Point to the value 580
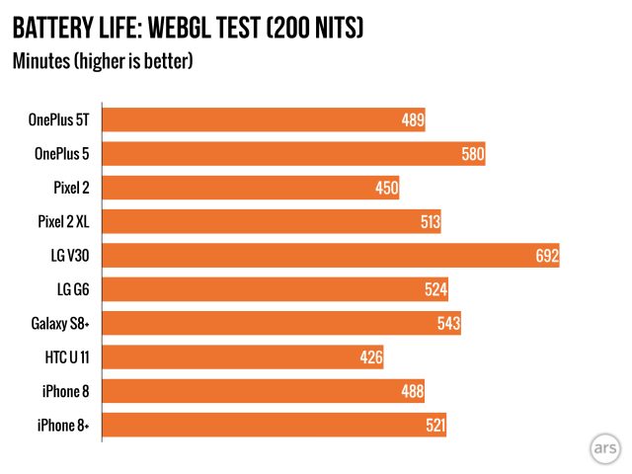click(x=473, y=155)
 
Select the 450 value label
click(x=387, y=189)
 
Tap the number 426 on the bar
click(x=371, y=356)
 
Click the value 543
click(x=448, y=323)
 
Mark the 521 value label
click(x=434, y=426)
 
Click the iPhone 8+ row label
click(x=61, y=426)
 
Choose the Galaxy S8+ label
click(x=58, y=323)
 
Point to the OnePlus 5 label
click(x=61, y=155)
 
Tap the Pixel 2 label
click(x=72, y=189)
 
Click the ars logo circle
click(x=604, y=447)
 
